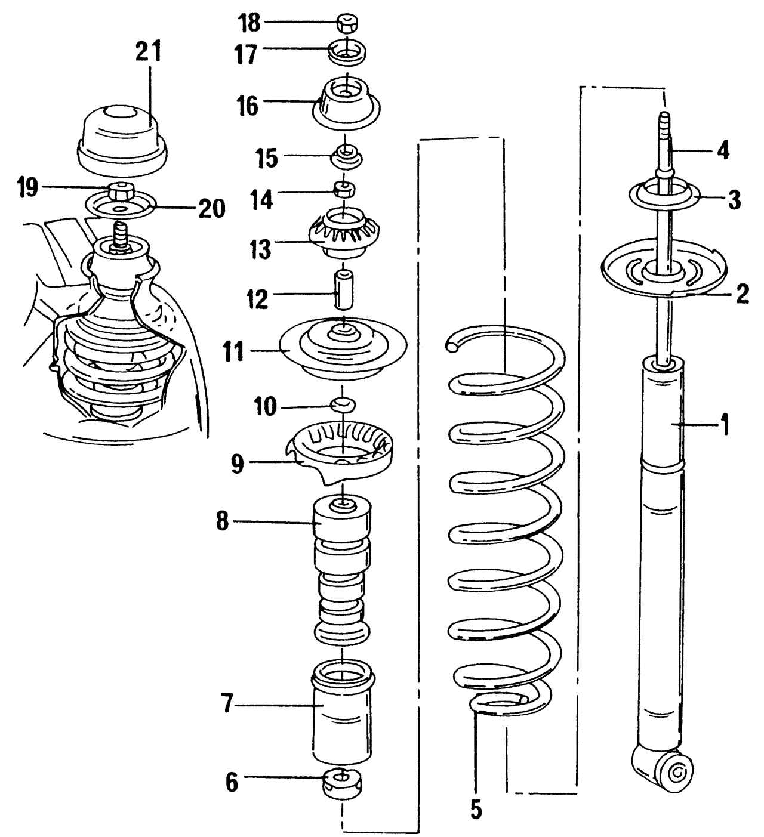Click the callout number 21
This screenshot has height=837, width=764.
click(x=148, y=54)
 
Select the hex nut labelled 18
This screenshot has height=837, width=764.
click(x=346, y=24)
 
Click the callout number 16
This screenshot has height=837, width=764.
click(x=247, y=107)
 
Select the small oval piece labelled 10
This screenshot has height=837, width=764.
click(x=343, y=404)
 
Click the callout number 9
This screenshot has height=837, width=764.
click(x=238, y=464)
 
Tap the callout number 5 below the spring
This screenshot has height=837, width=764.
click(x=476, y=809)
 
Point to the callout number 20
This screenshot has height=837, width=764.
click(x=212, y=209)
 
